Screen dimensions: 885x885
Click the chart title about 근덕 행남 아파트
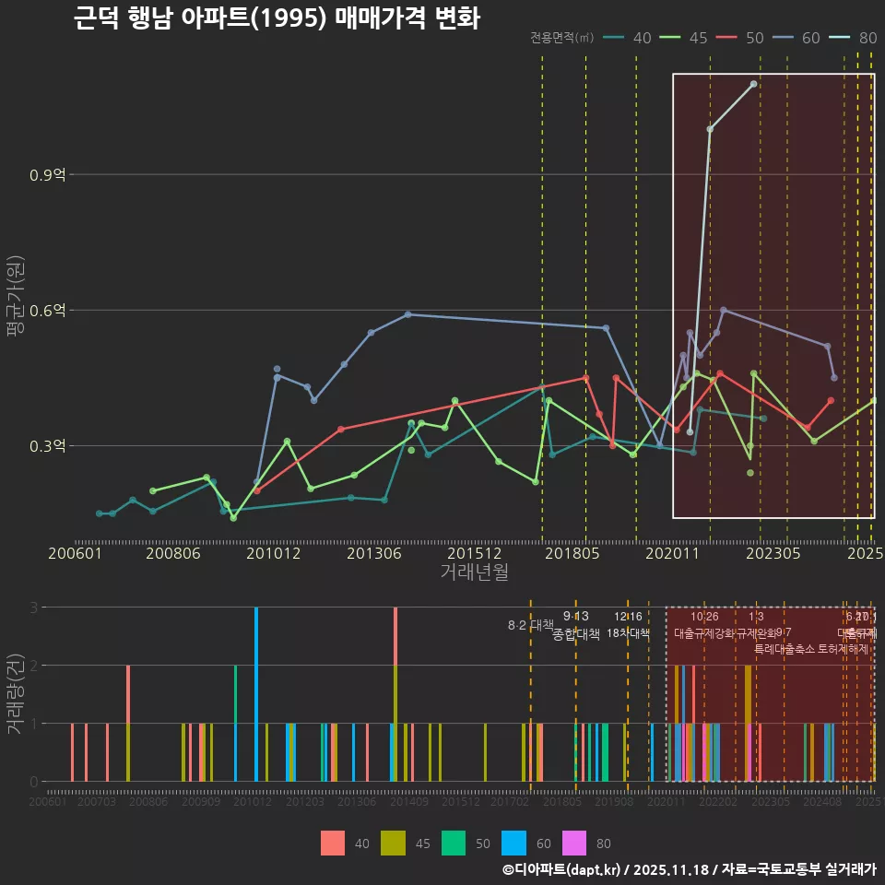click(277, 18)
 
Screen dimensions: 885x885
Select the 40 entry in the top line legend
click(643, 38)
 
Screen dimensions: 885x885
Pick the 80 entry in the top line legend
click(867, 38)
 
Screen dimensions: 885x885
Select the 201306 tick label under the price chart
click(373, 553)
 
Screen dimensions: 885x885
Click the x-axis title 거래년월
click(474, 572)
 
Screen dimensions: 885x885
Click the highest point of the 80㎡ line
click(754, 84)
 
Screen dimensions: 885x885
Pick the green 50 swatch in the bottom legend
click(454, 843)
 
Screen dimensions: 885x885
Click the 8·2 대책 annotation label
click(524, 625)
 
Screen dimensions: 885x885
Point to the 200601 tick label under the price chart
click(75, 553)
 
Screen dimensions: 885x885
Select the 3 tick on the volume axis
click(33, 607)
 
